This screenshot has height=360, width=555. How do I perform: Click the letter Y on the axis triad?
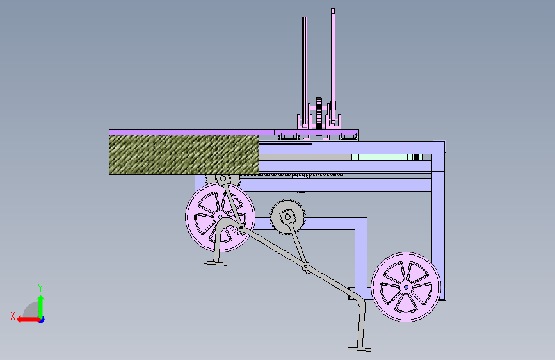click(40, 288)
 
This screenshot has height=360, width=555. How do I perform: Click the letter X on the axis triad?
click(13, 316)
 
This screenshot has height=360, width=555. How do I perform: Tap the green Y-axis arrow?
click(41, 306)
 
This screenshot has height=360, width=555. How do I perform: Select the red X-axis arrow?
click(28, 320)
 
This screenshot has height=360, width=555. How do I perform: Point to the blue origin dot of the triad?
click(42, 320)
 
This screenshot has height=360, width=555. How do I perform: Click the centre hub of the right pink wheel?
click(406, 287)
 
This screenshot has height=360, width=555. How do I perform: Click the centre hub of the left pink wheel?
click(220, 217)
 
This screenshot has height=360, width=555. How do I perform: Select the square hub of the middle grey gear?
click(287, 217)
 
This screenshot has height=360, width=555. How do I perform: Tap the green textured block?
click(184, 154)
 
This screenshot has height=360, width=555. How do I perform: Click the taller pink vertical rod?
click(333, 66)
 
